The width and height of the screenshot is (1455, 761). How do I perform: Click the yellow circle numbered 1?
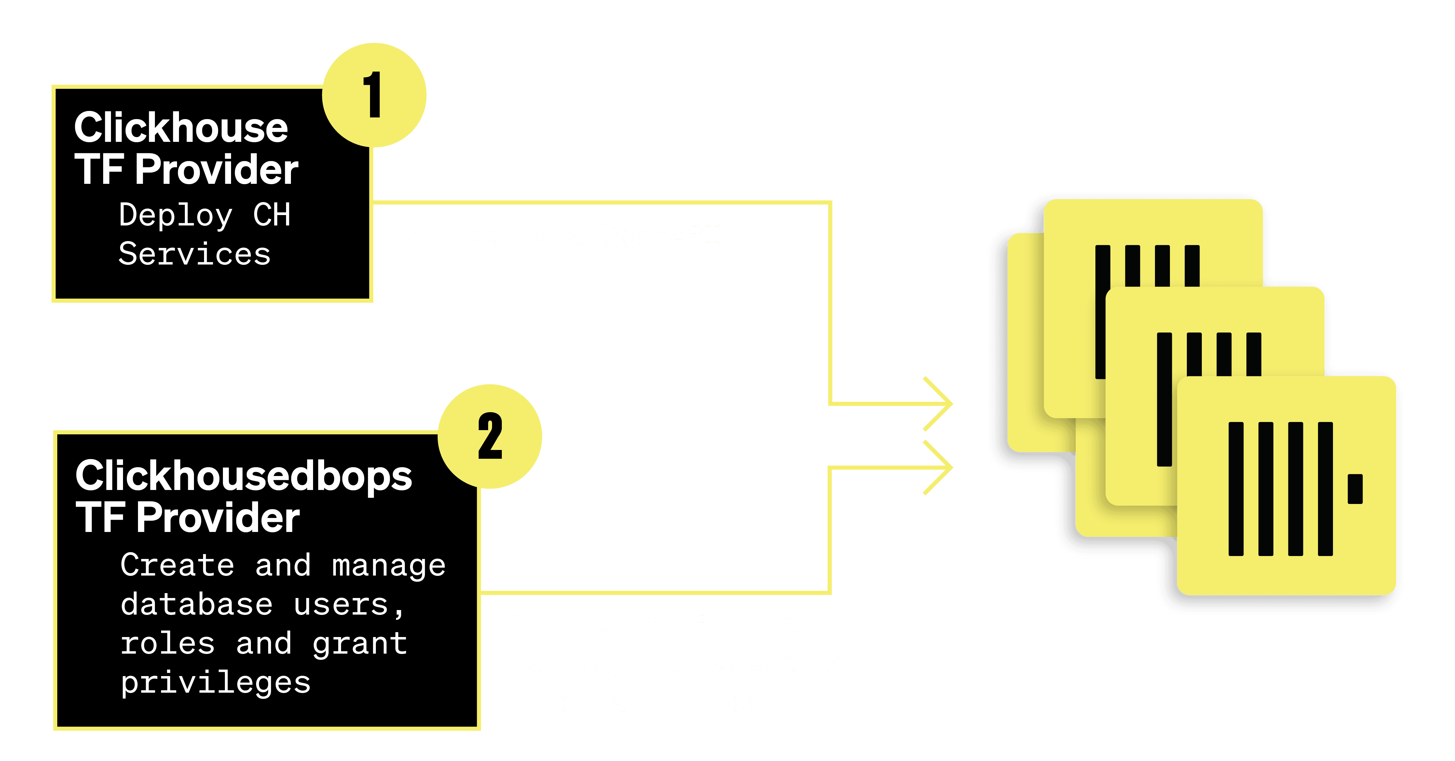coord(374,95)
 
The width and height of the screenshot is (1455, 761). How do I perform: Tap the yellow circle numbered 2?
coord(490,436)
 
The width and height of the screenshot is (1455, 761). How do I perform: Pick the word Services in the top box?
coord(194,254)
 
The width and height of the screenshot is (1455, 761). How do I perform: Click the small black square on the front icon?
coord(1354,488)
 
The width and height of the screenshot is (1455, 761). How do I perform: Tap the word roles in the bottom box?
coord(167,644)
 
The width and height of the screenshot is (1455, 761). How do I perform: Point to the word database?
coord(197,605)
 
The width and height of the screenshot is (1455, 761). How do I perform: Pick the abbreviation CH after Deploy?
coord(272,215)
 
